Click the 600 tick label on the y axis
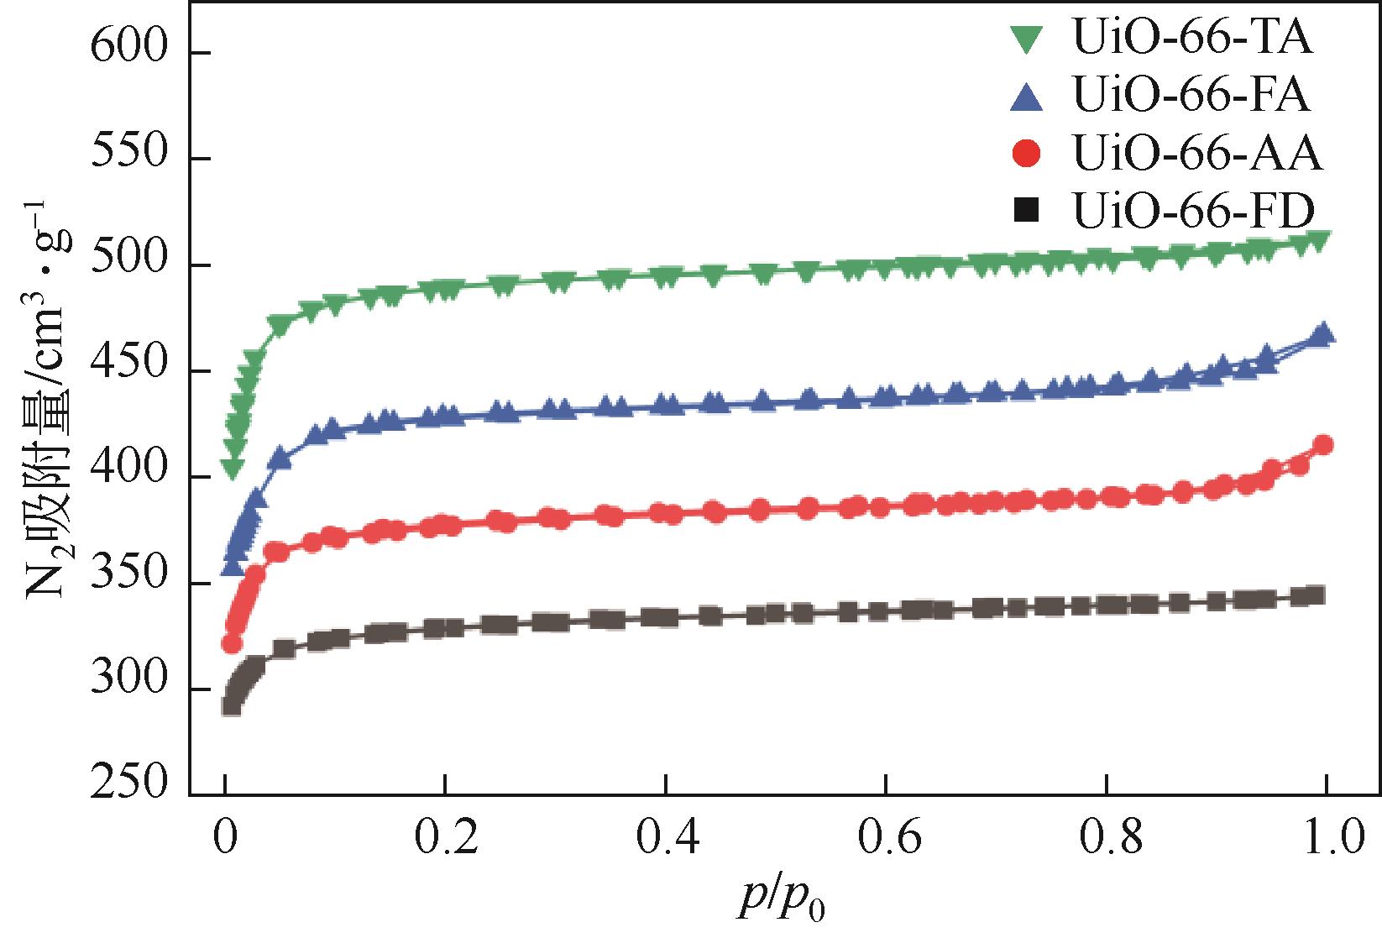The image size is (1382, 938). point(129,52)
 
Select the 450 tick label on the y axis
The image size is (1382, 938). point(129,371)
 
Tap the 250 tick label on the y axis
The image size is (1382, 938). point(129,783)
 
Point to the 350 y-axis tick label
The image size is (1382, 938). point(129,584)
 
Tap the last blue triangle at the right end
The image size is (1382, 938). point(1323,334)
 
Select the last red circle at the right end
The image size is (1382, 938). point(1323,445)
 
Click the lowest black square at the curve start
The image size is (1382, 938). point(232,705)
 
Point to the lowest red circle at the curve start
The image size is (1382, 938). point(232,643)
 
